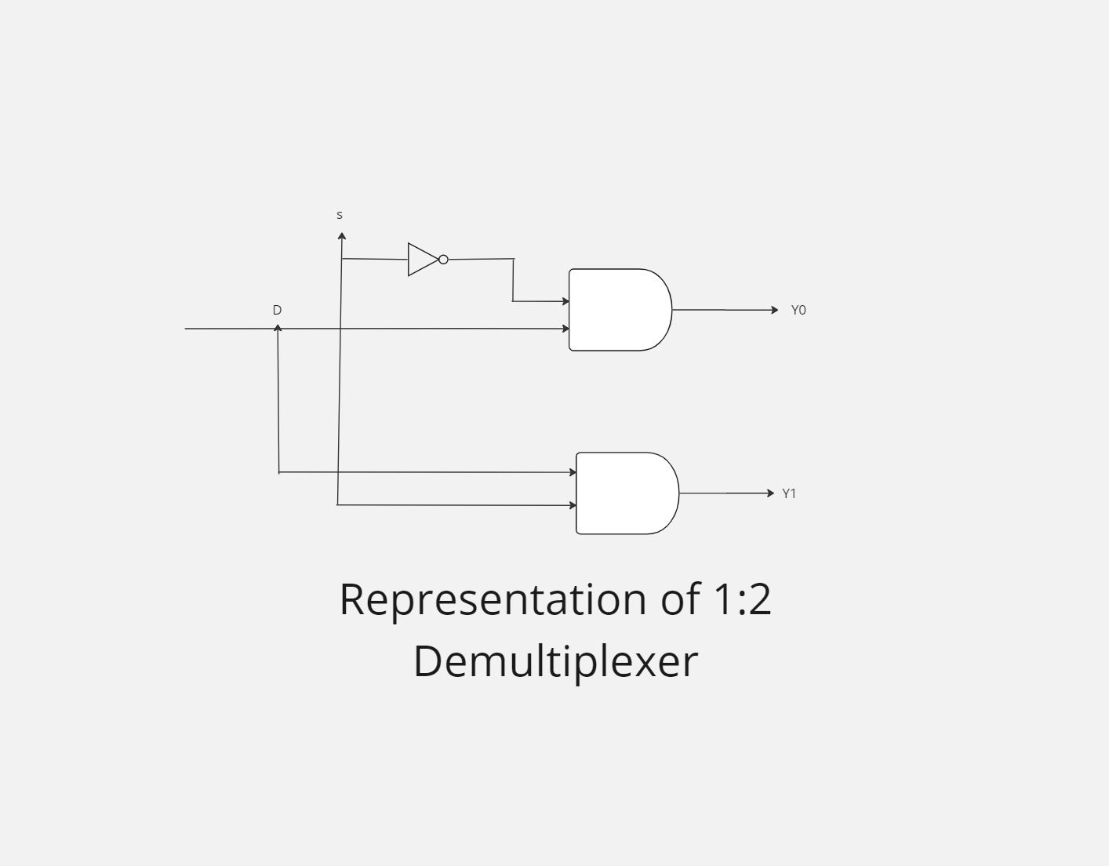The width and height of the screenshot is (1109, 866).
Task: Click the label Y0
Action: pyautogui.click(x=798, y=310)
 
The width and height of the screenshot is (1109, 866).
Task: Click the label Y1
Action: pyautogui.click(x=789, y=493)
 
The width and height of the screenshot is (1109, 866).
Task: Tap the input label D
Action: pyautogui.click(x=277, y=310)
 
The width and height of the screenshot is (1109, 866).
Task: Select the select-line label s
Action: pyautogui.click(x=340, y=215)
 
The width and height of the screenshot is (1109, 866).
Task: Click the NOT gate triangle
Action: pyautogui.click(x=422, y=260)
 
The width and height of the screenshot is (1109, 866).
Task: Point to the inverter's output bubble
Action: pyautogui.click(x=443, y=260)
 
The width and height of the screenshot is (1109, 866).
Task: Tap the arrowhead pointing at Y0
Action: pyautogui.click(x=775, y=310)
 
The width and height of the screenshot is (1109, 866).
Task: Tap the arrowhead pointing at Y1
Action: pyautogui.click(x=770, y=493)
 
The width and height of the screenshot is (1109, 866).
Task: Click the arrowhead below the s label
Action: pyautogui.click(x=342, y=235)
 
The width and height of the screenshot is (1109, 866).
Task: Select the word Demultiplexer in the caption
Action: pyautogui.click(x=555, y=660)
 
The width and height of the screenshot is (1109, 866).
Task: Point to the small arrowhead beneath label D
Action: pyautogui.click(x=278, y=328)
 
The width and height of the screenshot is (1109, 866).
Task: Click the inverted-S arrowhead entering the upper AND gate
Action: pyautogui.click(x=565, y=301)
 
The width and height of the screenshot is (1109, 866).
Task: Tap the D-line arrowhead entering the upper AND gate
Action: pyautogui.click(x=565, y=329)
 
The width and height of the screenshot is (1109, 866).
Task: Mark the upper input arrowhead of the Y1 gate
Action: pyautogui.click(x=573, y=472)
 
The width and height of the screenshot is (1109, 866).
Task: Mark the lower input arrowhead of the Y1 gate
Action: pyautogui.click(x=573, y=505)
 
